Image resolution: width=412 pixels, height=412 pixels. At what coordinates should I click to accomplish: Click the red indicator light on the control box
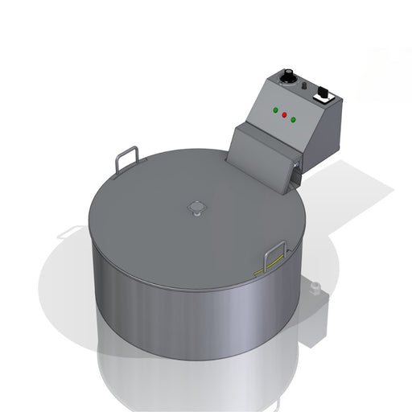click(x=284, y=115)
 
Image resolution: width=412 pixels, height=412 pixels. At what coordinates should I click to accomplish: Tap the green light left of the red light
click(x=275, y=109)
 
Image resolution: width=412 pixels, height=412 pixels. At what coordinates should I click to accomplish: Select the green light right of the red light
click(x=293, y=121)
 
